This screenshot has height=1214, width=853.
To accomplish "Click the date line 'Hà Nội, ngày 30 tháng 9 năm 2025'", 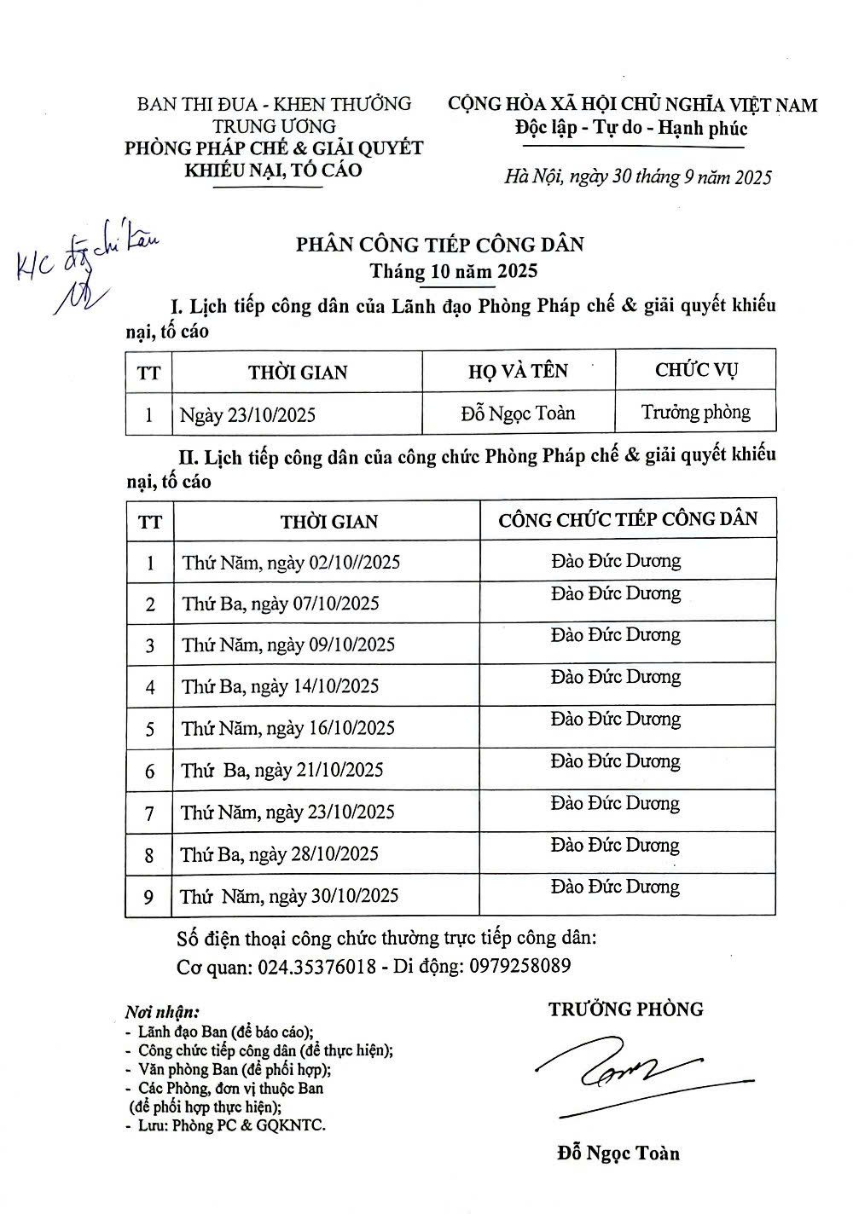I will (638, 177).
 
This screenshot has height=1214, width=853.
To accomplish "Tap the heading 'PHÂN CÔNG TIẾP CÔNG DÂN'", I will (439, 245).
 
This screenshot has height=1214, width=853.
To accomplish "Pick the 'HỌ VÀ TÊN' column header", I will (518, 371).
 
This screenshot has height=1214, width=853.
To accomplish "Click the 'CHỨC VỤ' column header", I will (696, 370).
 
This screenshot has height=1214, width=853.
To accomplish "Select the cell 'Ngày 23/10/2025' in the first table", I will (247, 415).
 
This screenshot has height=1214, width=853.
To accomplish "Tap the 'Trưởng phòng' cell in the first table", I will (696, 413).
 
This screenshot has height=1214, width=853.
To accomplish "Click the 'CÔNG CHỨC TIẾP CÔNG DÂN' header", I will (628, 518).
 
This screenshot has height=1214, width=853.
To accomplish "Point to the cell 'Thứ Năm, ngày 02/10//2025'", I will (291, 563).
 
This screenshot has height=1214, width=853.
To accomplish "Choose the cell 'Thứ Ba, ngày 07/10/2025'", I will (280, 604).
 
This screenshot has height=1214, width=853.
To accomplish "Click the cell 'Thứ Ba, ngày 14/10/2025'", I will (280, 686).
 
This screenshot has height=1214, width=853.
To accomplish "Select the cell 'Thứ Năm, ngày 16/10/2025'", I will (288, 728).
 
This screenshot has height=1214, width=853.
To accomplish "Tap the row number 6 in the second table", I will (150, 772).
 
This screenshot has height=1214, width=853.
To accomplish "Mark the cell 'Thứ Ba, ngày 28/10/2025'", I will (279, 854).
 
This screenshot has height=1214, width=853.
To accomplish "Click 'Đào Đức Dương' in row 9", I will (616, 887).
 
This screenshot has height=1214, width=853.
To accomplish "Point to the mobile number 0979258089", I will (520, 967).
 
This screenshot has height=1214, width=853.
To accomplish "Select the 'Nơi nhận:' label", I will (162, 1013).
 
